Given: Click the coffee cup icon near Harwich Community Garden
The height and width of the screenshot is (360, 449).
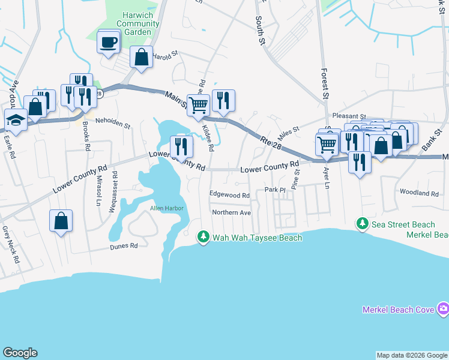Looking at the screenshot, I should click(x=109, y=43).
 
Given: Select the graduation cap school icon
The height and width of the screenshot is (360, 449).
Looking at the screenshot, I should click(x=16, y=120).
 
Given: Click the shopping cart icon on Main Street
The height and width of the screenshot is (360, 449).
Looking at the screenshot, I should click(x=198, y=106).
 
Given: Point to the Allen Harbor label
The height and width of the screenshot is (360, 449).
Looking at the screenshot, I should click(x=166, y=208).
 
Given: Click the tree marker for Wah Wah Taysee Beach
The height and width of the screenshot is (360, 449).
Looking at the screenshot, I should click(x=203, y=238).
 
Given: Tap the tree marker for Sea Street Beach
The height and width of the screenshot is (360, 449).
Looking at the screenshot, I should click(x=363, y=224).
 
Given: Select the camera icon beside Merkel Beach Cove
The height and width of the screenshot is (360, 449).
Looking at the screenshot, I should click(x=443, y=310).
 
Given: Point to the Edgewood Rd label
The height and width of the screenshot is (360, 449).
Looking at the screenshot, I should click(x=229, y=195).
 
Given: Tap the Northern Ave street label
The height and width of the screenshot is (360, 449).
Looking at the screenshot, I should click(x=231, y=212).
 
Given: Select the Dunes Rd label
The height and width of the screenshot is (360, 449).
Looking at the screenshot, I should click(x=124, y=246).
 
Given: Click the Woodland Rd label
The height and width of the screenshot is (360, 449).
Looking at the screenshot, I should click(x=419, y=193).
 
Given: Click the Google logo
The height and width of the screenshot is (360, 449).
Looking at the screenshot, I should click(x=20, y=353).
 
